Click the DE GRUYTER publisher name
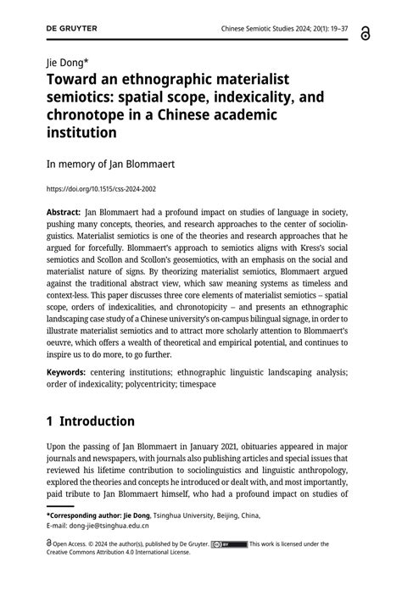tap(72, 28)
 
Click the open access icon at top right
tap(366, 31)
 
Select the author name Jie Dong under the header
tap(68, 62)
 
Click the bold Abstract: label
tap(64, 212)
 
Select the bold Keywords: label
tap(70, 371)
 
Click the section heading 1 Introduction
tap(91, 421)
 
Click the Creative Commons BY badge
tap(228, 543)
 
